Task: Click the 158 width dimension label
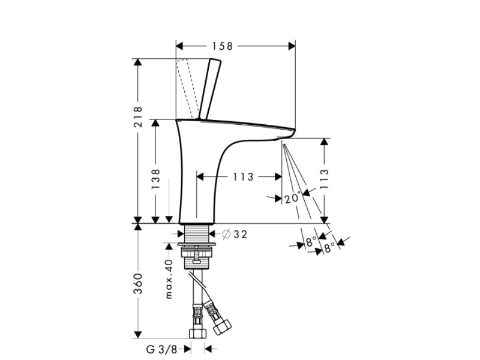(x=223, y=46)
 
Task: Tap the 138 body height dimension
(x=155, y=179)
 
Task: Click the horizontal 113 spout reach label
(x=244, y=176)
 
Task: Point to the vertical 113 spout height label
(x=324, y=178)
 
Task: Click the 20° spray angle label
(x=293, y=198)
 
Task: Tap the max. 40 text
(x=169, y=278)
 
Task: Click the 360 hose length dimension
(x=138, y=284)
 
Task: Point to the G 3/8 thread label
(x=162, y=349)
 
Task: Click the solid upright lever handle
(x=209, y=89)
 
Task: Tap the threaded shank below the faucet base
(x=197, y=234)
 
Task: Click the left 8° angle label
(x=310, y=242)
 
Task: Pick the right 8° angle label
(x=329, y=248)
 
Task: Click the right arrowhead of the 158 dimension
(x=292, y=46)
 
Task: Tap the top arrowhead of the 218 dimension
(x=138, y=62)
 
